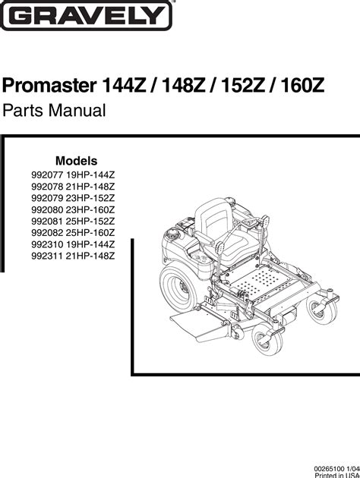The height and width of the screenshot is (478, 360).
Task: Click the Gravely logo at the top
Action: click(x=87, y=15)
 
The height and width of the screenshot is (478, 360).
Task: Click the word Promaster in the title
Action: click(x=49, y=86)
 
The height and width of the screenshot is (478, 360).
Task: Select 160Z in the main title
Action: click(x=302, y=86)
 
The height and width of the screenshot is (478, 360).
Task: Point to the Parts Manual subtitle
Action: click(x=54, y=110)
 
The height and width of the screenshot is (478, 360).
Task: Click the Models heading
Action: click(x=76, y=161)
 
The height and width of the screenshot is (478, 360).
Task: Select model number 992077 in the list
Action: click(x=47, y=175)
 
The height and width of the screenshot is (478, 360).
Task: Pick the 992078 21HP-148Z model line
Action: click(x=73, y=187)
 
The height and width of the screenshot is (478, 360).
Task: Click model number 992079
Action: click(x=47, y=198)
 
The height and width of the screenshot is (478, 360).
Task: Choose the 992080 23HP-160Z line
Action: click(x=73, y=209)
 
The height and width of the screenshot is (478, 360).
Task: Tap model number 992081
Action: click(x=47, y=222)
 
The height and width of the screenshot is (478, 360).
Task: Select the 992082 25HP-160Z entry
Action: click(x=73, y=233)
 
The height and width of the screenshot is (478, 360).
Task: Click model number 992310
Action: click(x=47, y=244)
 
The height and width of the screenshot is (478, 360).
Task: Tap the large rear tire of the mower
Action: click(x=178, y=288)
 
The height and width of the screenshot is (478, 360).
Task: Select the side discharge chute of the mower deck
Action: click(x=198, y=326)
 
